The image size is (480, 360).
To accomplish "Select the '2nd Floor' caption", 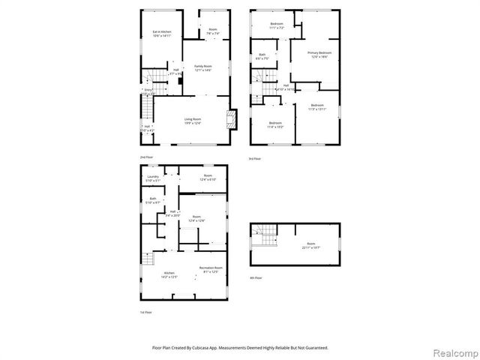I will click(x=146, y=157).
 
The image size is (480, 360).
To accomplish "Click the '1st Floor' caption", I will click(x=146, y=312).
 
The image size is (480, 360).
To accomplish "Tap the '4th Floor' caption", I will click(x=256, y=277).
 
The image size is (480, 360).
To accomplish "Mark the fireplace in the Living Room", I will click(x=231, y=118).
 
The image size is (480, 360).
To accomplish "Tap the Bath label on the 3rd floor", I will click(x=262, y=55).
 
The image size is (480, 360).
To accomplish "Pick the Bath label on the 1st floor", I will click(x=153, y=199).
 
